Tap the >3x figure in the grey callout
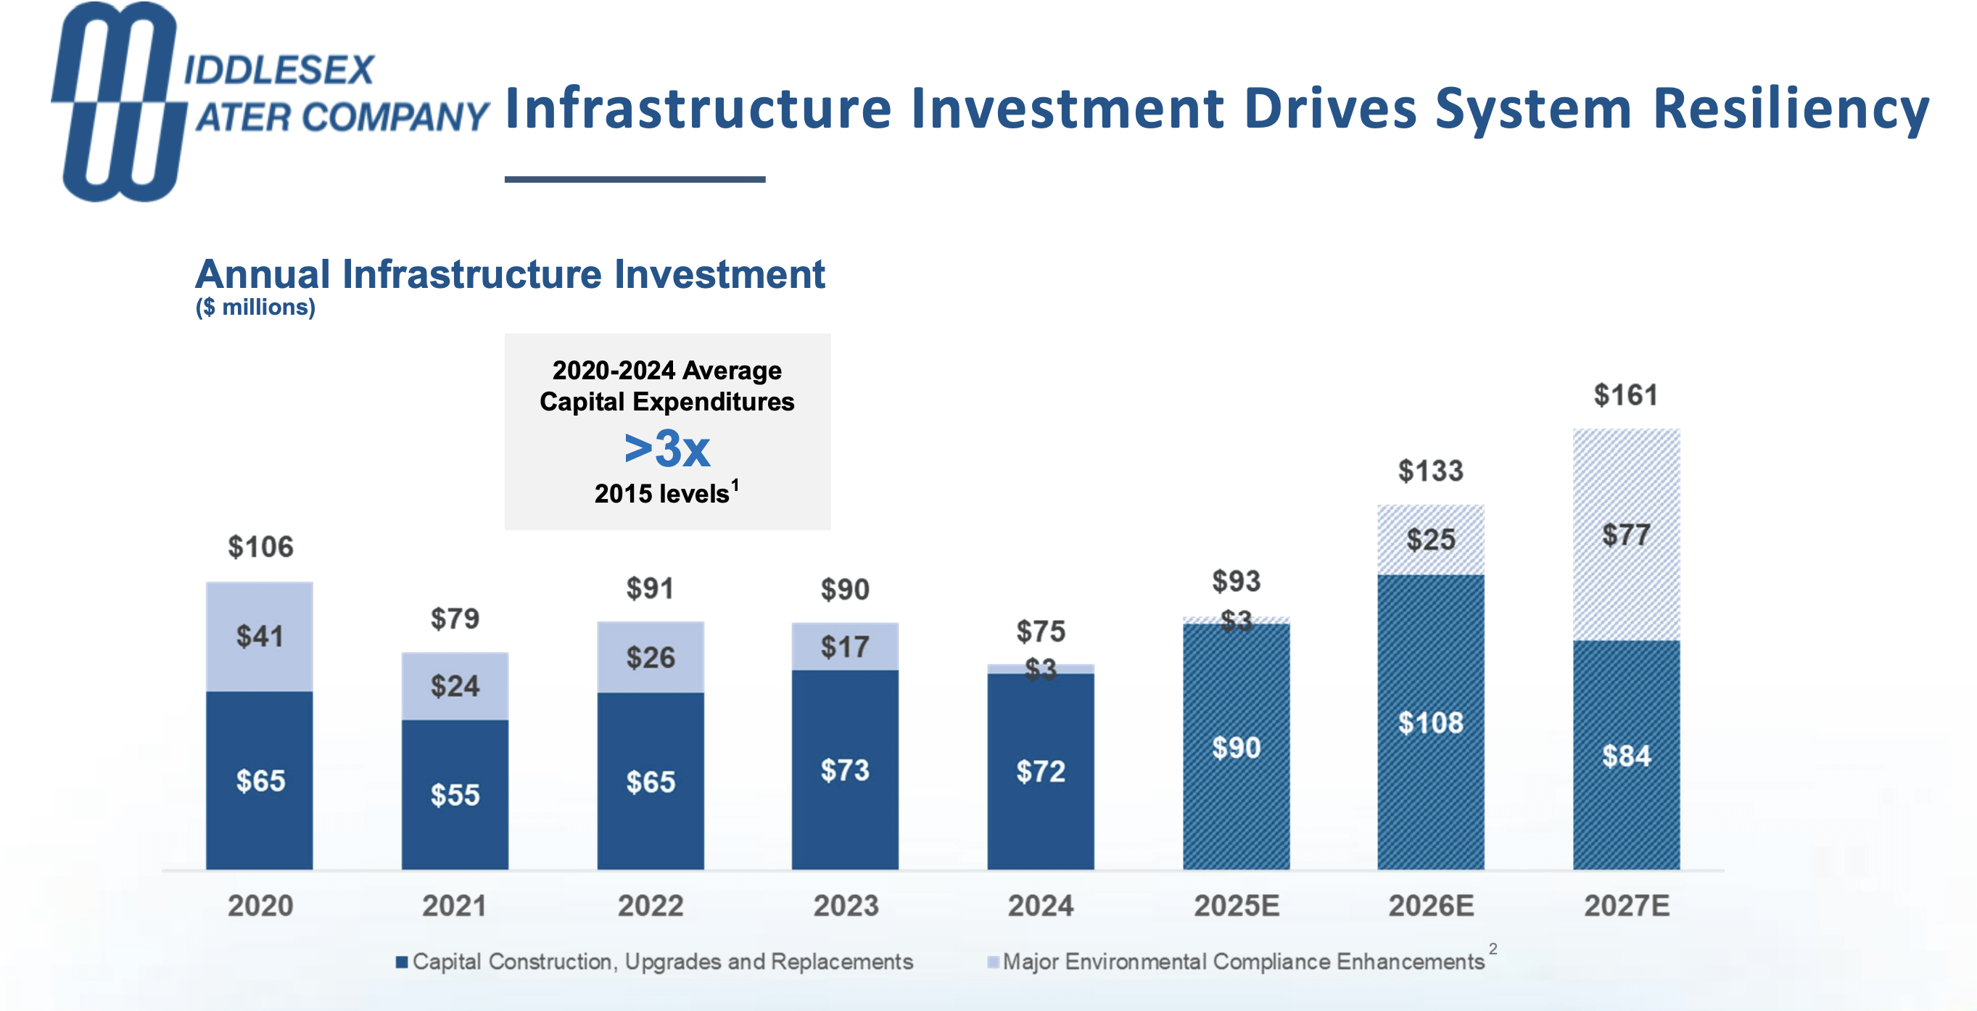coord(666,448)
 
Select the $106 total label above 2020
coord(260,548)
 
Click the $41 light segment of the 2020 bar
coord(260,636)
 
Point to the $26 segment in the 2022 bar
coord(650,658)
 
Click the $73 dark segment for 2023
coord(845,770)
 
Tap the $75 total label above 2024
coord(1041,632)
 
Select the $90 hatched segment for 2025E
coord(1236,747)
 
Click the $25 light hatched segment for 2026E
coord(1431,540)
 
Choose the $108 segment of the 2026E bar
coord(1431,722)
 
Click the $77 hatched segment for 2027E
coord(1625,535)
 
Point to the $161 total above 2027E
coord(1625,395)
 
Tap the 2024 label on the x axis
coord(1041,906)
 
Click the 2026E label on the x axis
coord(1431,906)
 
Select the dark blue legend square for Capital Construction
coord(401,962)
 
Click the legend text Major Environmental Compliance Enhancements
coord(1243,962)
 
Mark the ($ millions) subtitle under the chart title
coord(255,307)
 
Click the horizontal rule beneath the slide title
coord(635,179)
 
